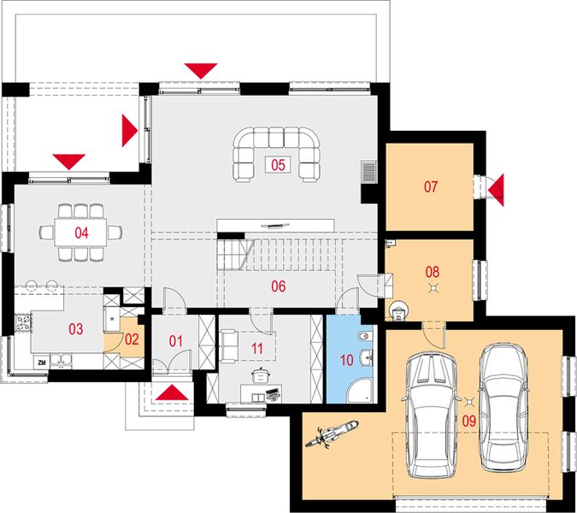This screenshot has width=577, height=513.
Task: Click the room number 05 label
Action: coord(278,164)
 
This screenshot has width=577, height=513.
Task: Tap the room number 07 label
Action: coord(431,186)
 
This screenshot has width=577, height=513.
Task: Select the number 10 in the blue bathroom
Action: coord(347,360)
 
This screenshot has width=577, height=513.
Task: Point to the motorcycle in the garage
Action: coord(332,434)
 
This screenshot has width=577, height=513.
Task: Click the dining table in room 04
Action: coord(81,233)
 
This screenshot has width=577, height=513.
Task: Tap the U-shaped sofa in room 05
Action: coord(276,155)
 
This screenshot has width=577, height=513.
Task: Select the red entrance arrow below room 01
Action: coord(172,392)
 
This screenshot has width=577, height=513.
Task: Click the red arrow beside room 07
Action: coord(496,191)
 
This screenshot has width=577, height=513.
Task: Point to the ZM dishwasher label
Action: coord(42,363)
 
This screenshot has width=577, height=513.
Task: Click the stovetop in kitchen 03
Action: coord(23,323)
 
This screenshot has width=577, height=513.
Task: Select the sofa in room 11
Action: coord(229,345)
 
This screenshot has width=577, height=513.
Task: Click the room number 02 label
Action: coord(132,339)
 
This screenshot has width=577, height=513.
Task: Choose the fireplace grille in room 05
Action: coord(368,172)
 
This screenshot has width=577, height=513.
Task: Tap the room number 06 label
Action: coord(278,286)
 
